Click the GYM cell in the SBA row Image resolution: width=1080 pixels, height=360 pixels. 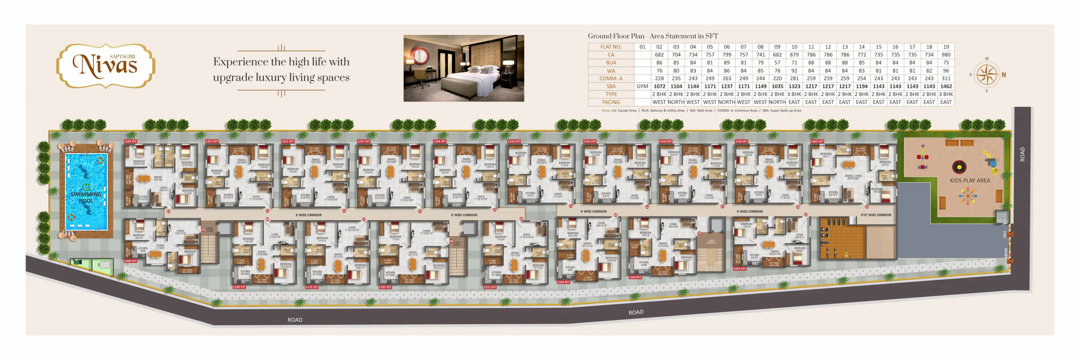pyautogui.click(x=642, y=86)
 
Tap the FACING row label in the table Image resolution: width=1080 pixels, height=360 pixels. pyautogui.click(x=611, y=102)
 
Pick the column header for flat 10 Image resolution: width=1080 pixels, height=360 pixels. pyautogui.click(x=794, y=47)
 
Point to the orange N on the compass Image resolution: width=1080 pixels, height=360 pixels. pyautogui.click(x=1004, y=75)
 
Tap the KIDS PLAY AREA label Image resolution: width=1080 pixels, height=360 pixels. pyautogui.click(x=970, y=181)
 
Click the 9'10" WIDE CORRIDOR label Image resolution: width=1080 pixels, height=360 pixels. pyautogui.click(x=876, y=215)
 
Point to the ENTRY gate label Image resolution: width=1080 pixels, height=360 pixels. pyautogui.click(x=1006, y=252)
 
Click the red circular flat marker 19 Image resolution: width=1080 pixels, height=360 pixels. pyautogui.click(x=867, y=207)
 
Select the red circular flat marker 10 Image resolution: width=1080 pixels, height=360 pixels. pyautogui.click(x=169, y=212)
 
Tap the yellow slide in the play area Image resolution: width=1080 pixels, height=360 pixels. pyautogui.click(x=991, y=161)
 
